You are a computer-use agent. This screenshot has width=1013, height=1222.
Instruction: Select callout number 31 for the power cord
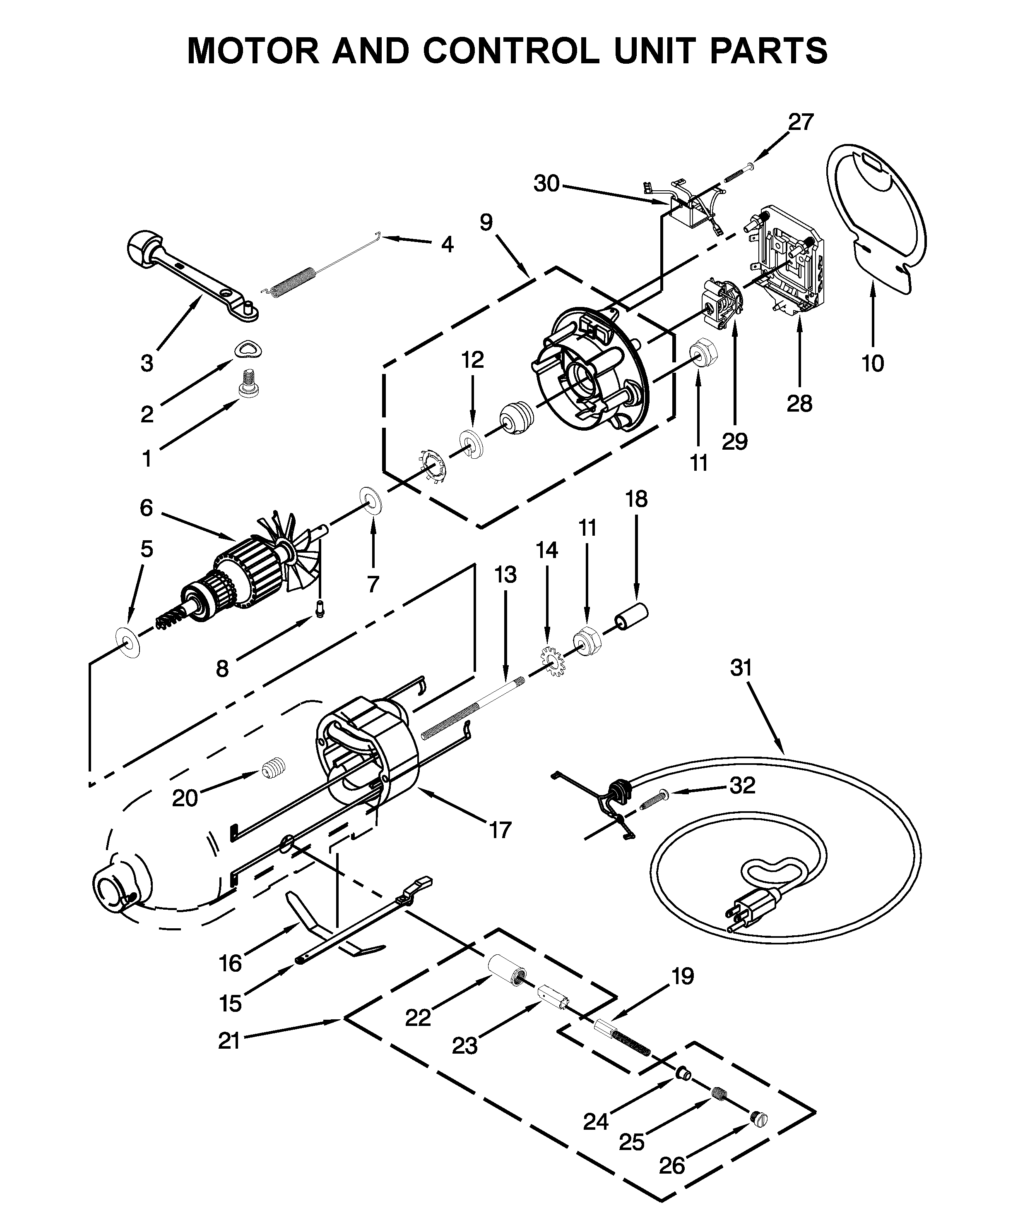[x=741, y=668]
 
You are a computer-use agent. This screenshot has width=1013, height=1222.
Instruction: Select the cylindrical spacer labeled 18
[x=632, y=617]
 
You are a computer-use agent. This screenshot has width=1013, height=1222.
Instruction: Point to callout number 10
[x=872, y=363]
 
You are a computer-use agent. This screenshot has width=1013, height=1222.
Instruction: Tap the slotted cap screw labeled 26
[x=758, y=1119]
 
